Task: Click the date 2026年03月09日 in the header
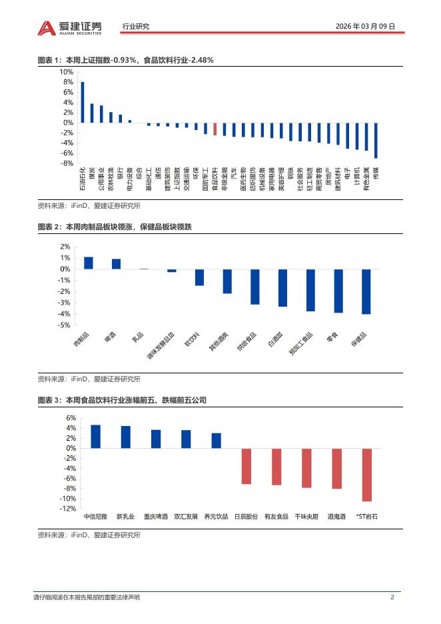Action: coord(366,27)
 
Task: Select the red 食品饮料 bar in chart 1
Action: coord(215,129)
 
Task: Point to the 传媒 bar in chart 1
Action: coord(376,140)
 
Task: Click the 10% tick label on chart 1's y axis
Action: coord(67,72)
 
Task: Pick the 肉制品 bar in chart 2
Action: coord(88,263)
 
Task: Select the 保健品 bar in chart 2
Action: coord(366,291)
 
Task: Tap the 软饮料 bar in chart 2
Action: coord(199,277)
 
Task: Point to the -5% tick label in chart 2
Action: coord(65,325)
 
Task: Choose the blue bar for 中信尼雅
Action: coord(95,436)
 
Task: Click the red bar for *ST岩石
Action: coord(366,475)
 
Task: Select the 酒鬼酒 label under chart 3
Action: coord(336,516)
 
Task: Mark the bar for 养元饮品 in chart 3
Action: coord(217,441)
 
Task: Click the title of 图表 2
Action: coord(115,228)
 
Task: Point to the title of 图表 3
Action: coord(122,400)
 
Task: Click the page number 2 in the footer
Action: coord(392,597)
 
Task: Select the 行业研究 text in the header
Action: coord(137,27)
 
